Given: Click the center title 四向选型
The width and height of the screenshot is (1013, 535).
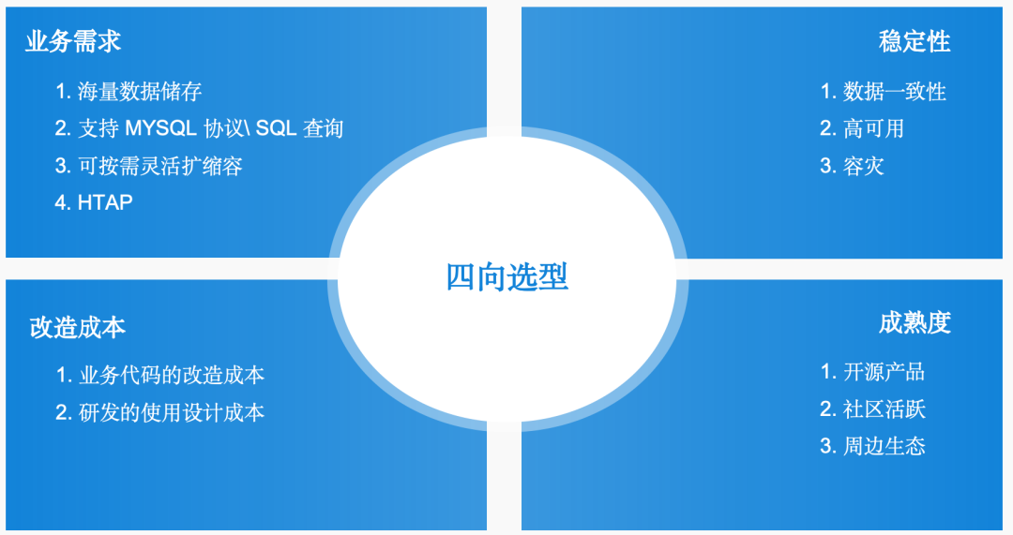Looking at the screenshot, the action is click(506, 277).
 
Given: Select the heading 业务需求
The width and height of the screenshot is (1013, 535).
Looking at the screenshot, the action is click(73, 42).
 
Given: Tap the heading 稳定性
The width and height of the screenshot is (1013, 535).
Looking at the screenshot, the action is click(915, 42).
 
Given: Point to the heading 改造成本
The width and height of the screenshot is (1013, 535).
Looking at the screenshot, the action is click(78, 327).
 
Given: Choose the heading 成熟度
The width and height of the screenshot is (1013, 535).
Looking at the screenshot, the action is click(915, 323).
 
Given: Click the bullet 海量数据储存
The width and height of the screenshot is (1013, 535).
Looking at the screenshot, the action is click(140, 92).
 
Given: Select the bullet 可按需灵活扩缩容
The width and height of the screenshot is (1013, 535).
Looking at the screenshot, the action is click(160, 166).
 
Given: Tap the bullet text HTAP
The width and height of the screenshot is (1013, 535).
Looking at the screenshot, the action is click(105, 202).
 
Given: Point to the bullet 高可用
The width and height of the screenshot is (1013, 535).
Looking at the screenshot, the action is click(873, 128).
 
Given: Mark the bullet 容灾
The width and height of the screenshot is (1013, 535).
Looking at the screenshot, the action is click(864, 167).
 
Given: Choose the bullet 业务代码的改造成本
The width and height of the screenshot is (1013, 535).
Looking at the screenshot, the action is click(172, 376).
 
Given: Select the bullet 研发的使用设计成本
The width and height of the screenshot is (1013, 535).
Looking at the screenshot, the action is click(172, 412).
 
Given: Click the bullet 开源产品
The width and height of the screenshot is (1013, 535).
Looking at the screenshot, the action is click(884, 372).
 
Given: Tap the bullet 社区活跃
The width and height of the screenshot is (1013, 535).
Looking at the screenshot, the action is click(884, 409).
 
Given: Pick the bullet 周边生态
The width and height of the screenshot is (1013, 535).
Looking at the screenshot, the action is click(884, 446).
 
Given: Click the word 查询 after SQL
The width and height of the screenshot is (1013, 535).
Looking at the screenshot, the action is click(324, 128).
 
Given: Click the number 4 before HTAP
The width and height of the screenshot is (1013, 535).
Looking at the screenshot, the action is click(61, 202).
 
